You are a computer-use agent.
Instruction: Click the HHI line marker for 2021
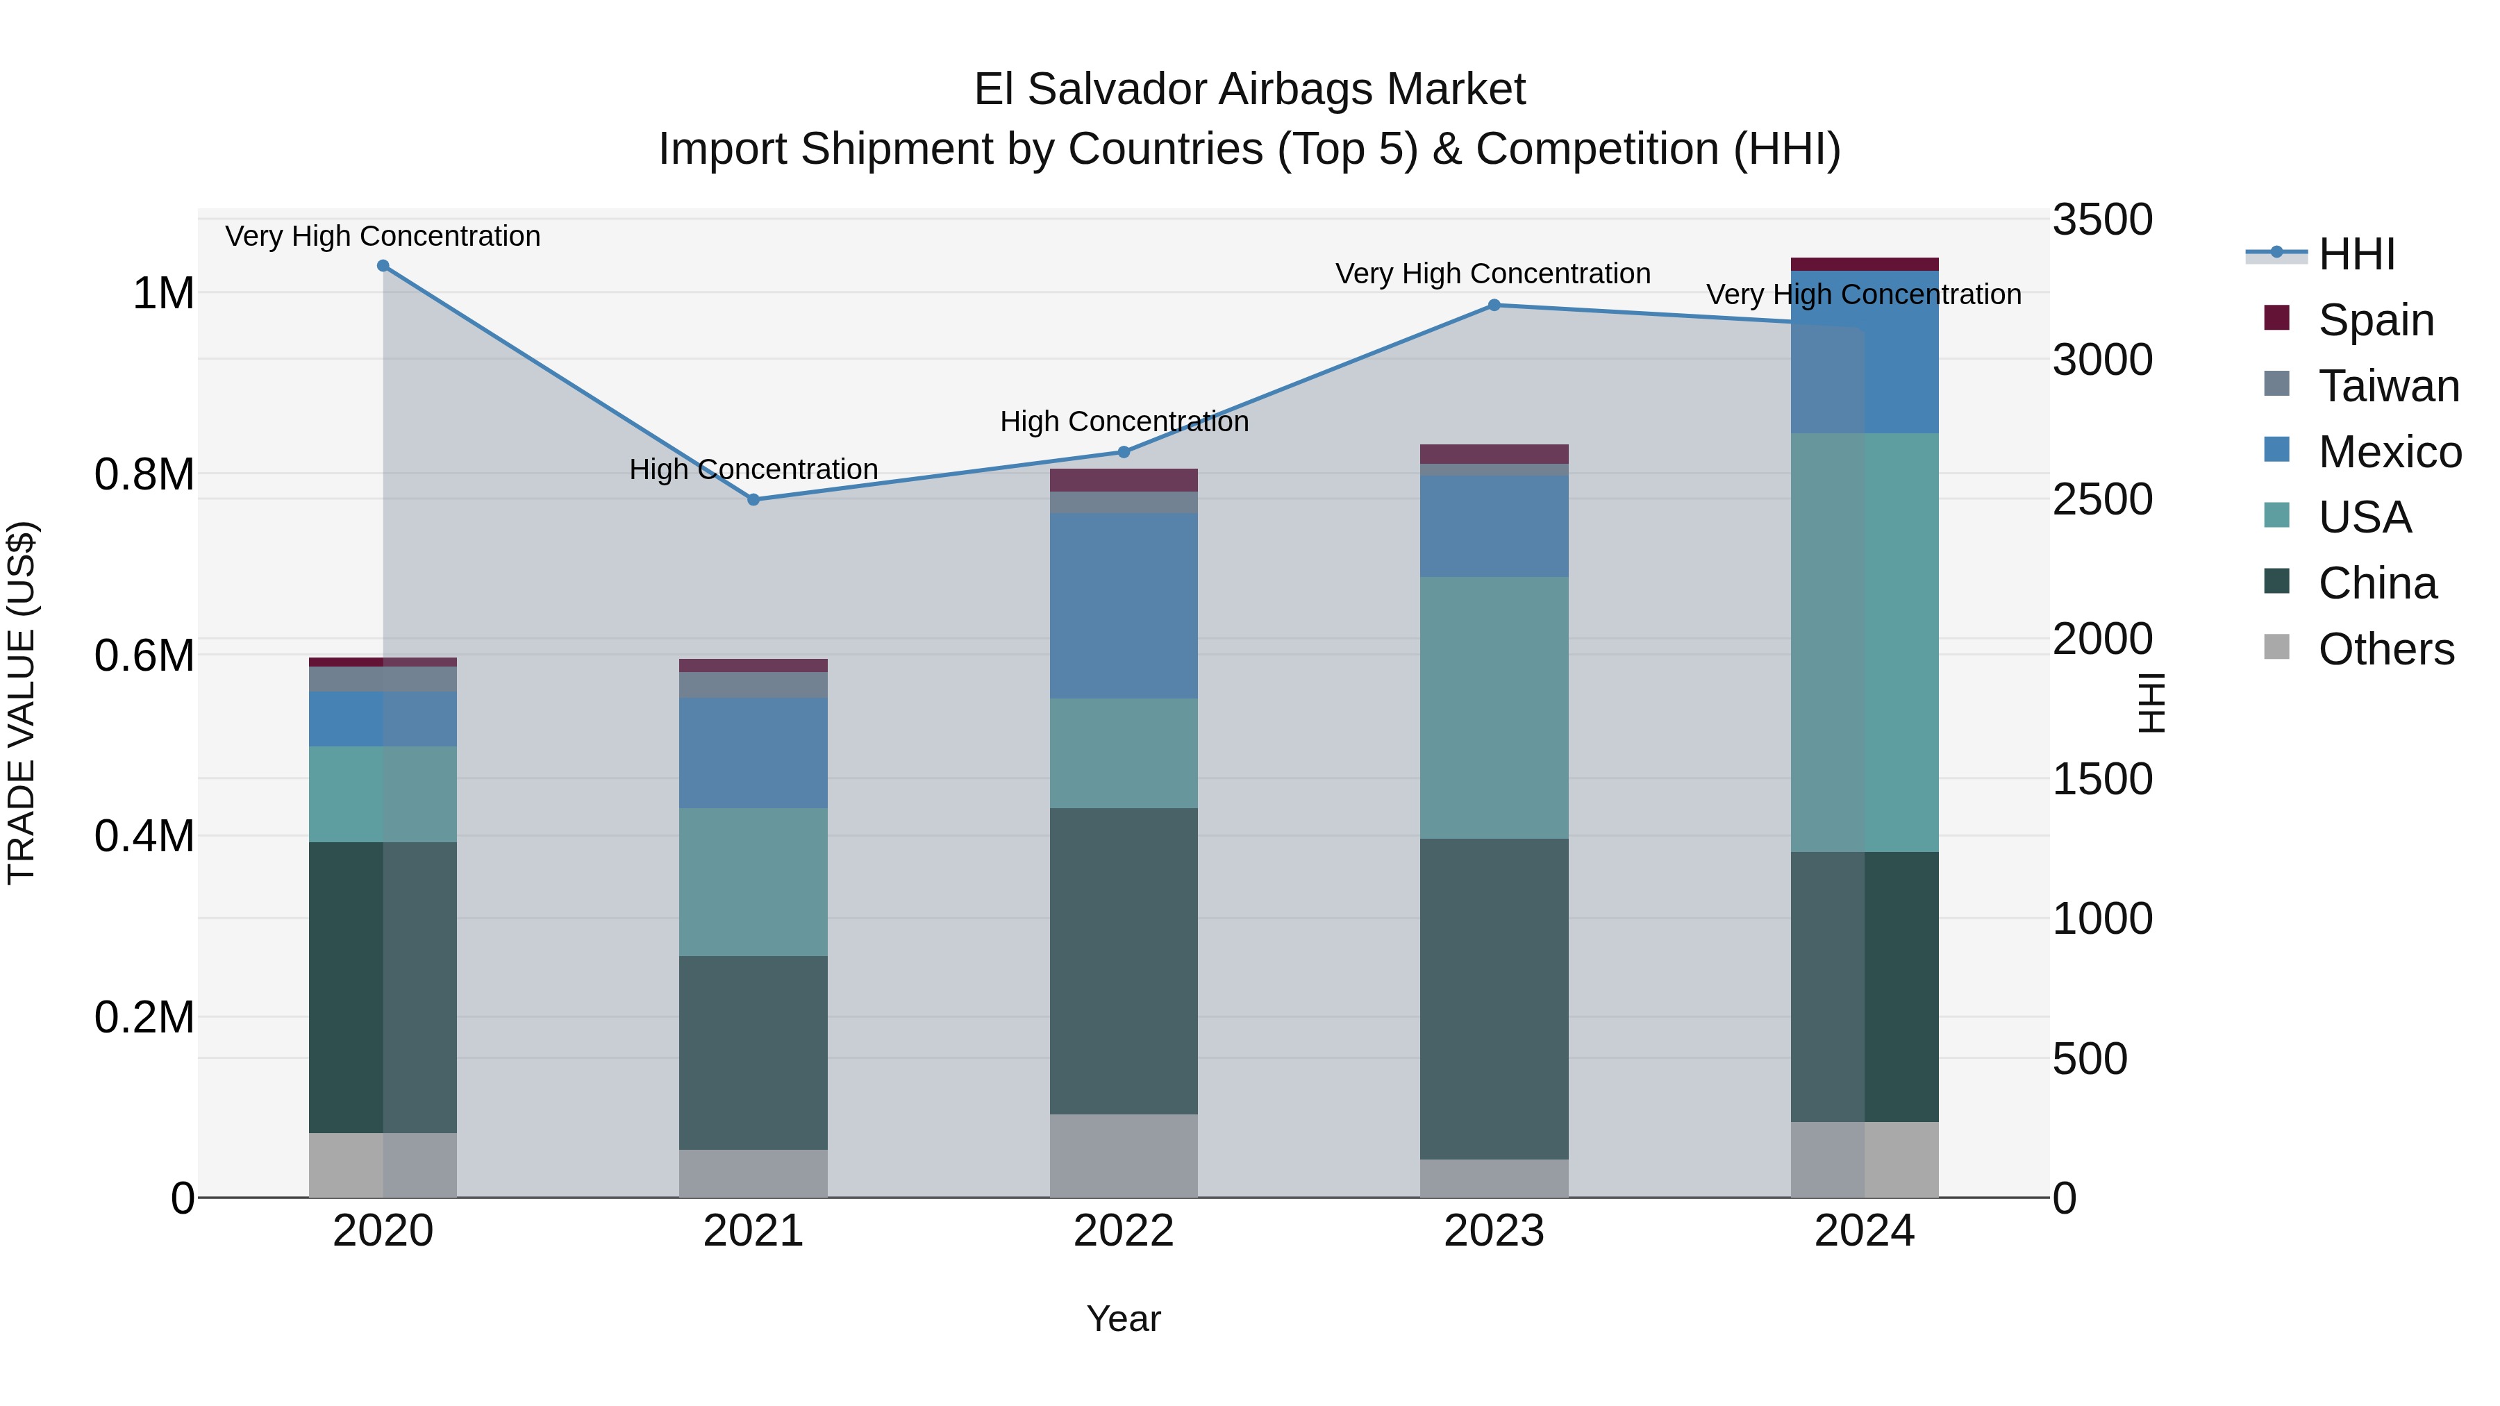[753, 500]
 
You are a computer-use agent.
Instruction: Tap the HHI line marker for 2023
[1494, 306]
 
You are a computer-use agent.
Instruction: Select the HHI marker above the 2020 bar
[383, 266]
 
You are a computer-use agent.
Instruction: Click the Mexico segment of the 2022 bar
[1124, 605]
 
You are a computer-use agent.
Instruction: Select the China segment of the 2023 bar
[1494, 999]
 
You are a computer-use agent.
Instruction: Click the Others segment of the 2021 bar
[753, 1173]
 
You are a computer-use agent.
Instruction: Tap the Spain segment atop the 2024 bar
[1865, 264]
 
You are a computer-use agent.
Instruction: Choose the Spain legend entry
[2375, 320]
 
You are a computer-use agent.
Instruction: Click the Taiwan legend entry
[2387, 386]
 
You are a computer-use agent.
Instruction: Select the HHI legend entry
[2356, 254]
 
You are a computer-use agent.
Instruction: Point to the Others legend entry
[2385, 649]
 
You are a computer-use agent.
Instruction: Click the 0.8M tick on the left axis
[144, 474]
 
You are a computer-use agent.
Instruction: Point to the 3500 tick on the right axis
[2102, 220]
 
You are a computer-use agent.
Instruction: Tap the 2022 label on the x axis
[1124, 1231]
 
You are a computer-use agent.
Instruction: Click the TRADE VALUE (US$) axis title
[22, 703]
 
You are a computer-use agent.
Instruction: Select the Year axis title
[1124, 1319]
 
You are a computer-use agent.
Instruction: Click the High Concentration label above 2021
[753, 469]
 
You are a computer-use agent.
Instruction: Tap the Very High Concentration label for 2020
[383, 237]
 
